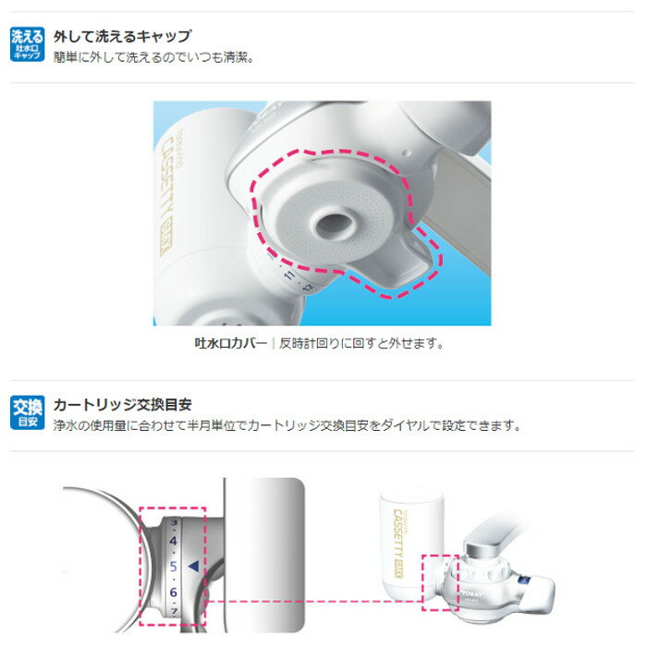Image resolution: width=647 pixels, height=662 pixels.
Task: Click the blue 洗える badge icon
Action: pos(26,44)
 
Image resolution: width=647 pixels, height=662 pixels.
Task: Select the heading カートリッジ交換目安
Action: pos(121,405)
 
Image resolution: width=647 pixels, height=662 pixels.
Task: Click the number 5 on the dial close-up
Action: pos(172,566)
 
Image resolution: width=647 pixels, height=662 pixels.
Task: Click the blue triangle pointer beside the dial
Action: pos(192,565)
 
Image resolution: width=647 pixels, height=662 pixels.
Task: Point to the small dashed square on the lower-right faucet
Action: pos(439,582)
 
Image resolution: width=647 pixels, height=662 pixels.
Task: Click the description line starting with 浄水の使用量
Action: pos(287,426)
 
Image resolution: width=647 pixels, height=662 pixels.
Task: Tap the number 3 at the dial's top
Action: pos(174,521)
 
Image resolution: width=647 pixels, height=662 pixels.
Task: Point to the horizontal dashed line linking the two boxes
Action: pos(314,603)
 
